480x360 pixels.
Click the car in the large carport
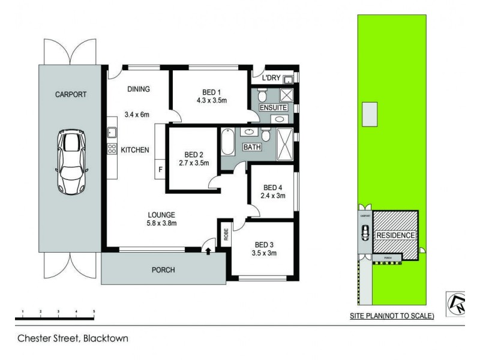71,162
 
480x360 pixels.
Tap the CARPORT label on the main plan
71,94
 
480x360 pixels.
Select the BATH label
251,147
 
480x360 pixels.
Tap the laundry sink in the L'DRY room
287,79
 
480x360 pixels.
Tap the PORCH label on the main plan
163,270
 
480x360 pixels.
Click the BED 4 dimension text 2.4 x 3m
272,196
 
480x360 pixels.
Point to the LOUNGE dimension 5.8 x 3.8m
162,224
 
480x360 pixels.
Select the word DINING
138,89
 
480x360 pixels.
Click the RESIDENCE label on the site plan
396,235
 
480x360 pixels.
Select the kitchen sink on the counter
112,133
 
